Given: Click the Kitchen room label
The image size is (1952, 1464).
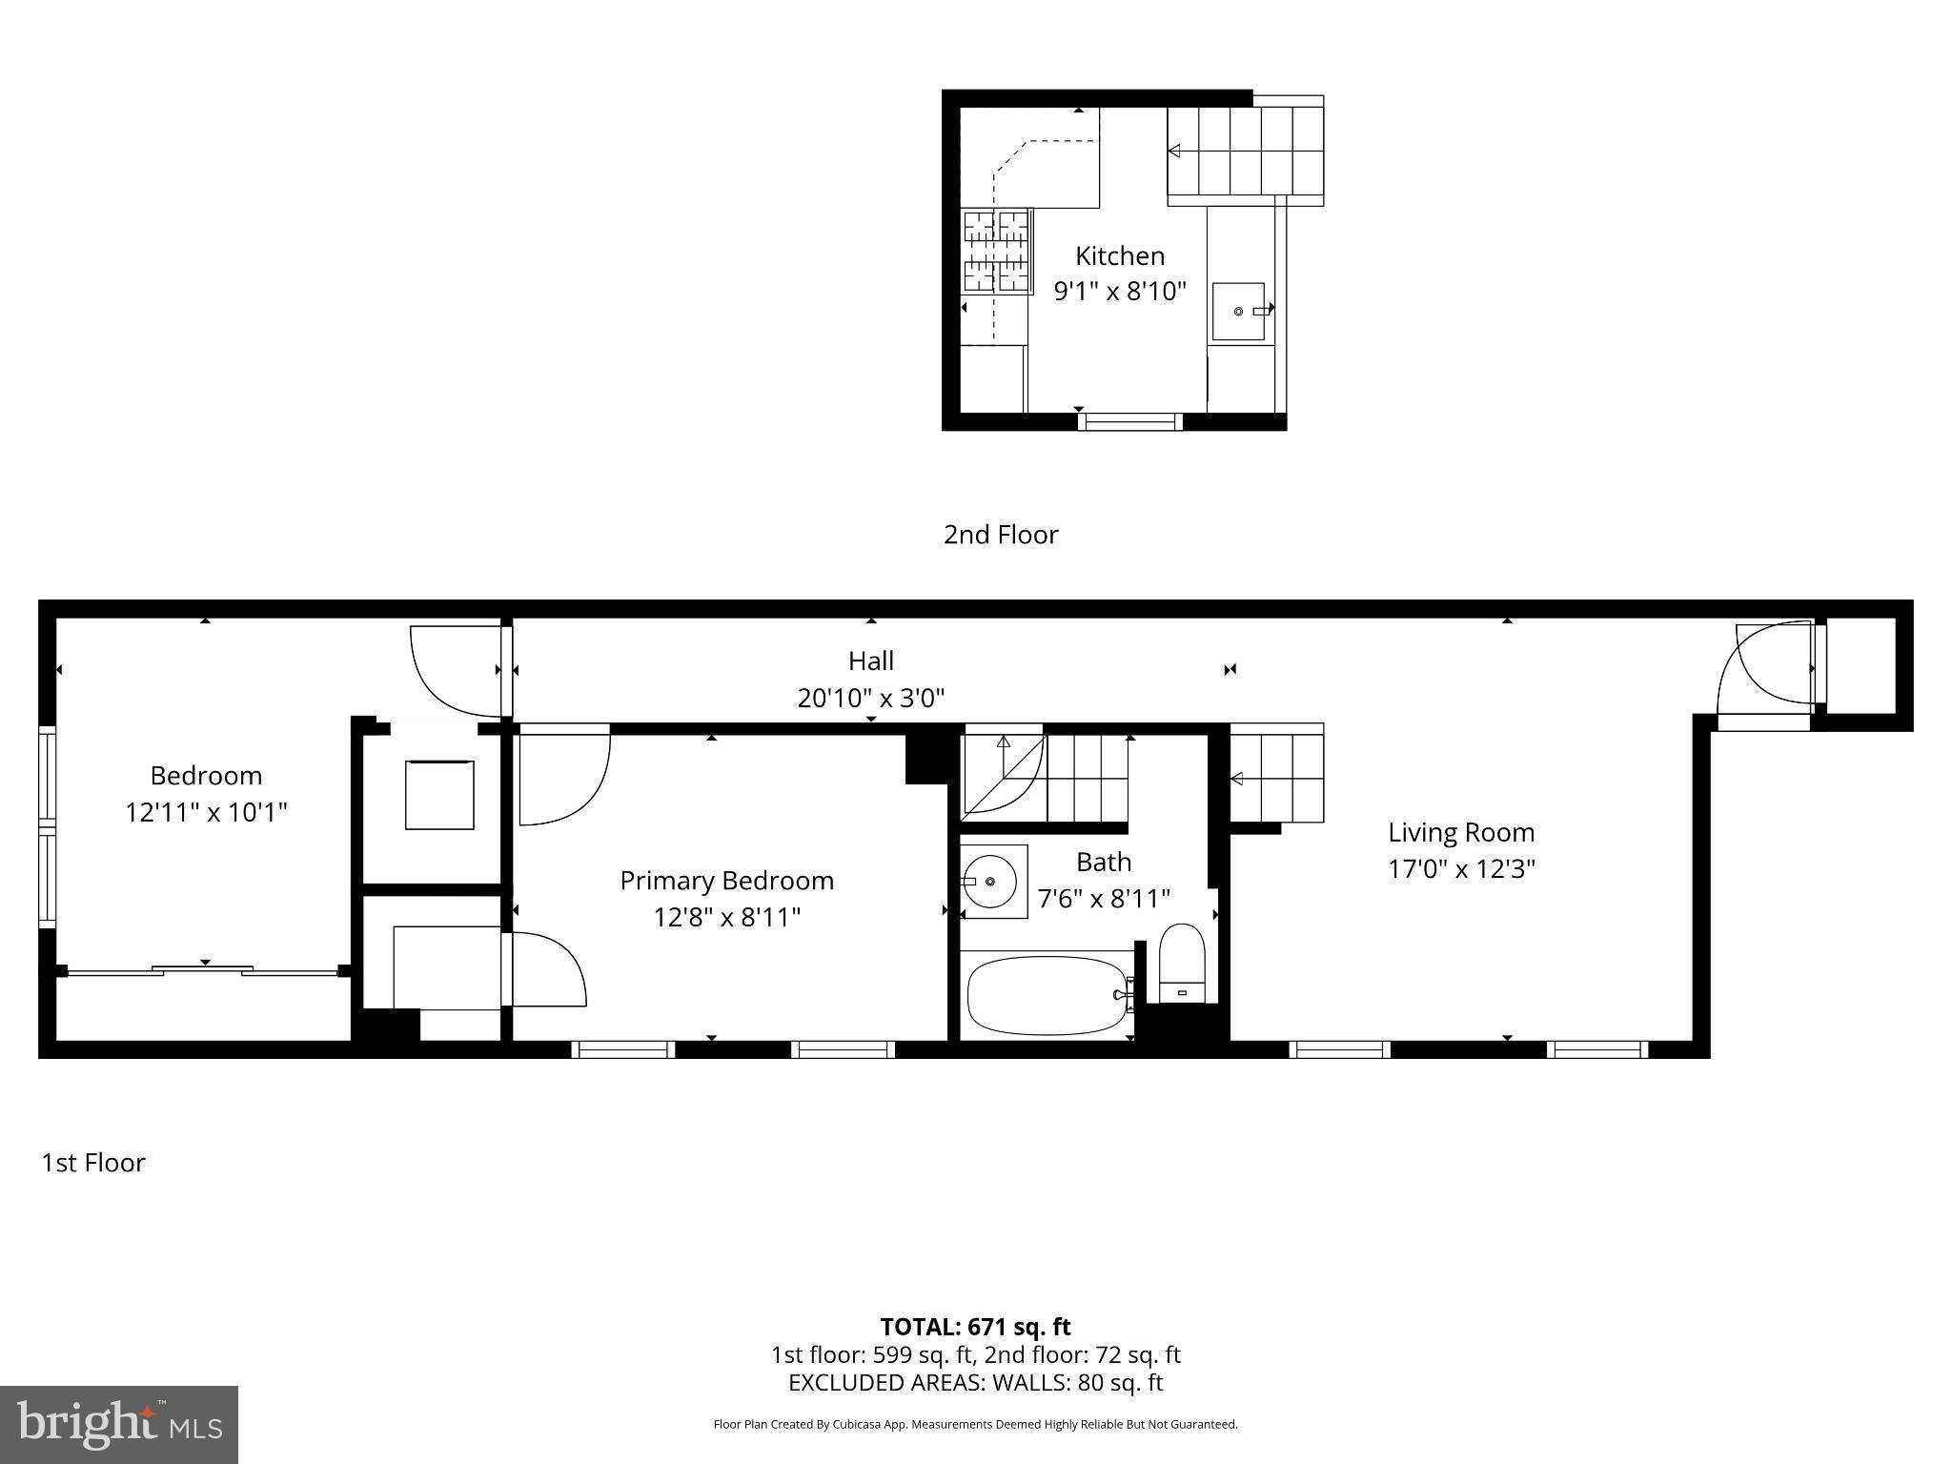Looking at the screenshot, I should click(x=1119, y=255).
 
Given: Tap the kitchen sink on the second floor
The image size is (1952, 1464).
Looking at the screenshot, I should click(x=1238, y=312).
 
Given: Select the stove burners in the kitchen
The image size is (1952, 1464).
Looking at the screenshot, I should click(x=997, y=251).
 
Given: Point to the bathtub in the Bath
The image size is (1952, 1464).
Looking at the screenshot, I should click(x=1047, y=996).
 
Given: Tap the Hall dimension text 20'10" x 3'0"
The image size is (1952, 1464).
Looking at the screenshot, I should click(x=870, y=699).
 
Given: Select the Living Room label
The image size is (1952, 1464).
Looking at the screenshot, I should click(x=1460, y=832).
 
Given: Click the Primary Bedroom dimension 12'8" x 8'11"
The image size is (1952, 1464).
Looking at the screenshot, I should click(x=726, y=918).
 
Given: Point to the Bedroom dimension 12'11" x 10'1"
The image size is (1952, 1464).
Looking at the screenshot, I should click(x=206, y=812).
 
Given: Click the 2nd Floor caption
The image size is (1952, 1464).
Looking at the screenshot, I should click(x=1001, y=535).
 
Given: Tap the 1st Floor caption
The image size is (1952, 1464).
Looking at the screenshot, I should click(x=93, y=1163).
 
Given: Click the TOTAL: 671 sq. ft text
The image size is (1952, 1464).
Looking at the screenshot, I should click(x=975, y=1327).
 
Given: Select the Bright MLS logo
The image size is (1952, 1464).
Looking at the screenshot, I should click(x=119, y=1425).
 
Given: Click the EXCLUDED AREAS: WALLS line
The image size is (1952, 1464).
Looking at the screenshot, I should click(x=975, y=1383).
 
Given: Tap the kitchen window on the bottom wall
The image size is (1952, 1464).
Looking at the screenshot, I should click(x=1129, y=421).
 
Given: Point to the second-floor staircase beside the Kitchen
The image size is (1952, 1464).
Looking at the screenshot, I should click(x=1245, y=151).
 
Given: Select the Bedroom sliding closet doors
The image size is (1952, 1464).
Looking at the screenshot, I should click(x=203, y=971).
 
